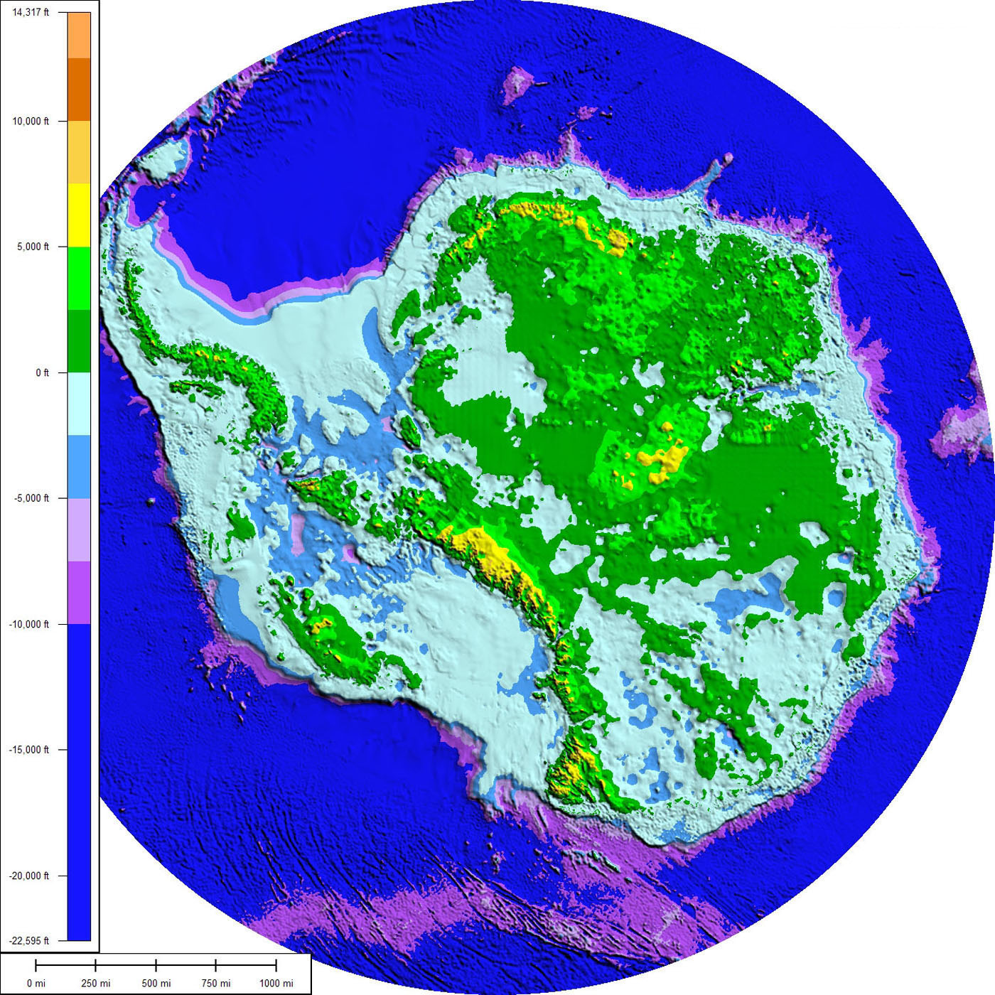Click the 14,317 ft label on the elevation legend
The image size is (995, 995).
coord(31,12)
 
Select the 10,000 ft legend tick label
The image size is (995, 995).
coord(31,122)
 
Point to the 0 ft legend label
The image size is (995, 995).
coord(42,372)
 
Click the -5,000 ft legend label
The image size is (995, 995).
coord(32,498)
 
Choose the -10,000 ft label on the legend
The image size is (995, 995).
coord(29,624)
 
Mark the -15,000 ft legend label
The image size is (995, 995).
coord(29,750)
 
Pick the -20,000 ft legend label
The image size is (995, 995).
coord(29,876)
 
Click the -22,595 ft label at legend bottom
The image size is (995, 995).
coord(29,940)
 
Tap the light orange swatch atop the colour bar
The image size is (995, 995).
coord(79,36)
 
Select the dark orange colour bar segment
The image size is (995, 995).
coord(79,90)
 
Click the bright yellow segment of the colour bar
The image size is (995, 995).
coord(79,215)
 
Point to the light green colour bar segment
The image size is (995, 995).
coord(79,278)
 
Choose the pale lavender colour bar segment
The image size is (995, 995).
coord(79,529)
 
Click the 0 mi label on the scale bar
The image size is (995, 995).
coord(36,984)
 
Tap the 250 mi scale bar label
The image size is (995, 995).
coord(96,984)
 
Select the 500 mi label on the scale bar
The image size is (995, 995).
coord(156,984)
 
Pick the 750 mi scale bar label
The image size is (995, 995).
coord(216,984)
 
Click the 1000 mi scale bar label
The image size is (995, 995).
coord(276,984)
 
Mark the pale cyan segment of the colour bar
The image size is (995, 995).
coord(79,404)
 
